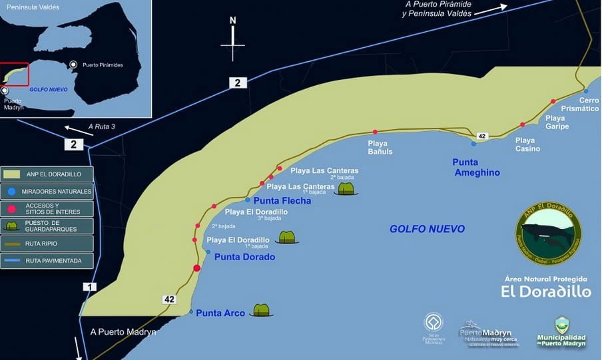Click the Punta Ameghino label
(475, 167)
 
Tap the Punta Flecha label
(282, 200)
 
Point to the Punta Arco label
(220, 313)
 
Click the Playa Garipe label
(557, 122)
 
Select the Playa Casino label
(527, 144)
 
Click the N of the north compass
(233, 21)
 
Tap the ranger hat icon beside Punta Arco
(262, 310)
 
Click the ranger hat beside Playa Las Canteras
(346, 189)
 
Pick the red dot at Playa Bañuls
(375, 132)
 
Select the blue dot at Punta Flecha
(248, 200)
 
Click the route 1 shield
(89, 287)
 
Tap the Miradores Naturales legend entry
(47, 191)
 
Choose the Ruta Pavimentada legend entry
(47, 261)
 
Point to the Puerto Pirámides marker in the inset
(73, 64)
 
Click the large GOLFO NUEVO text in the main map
(427, 229)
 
